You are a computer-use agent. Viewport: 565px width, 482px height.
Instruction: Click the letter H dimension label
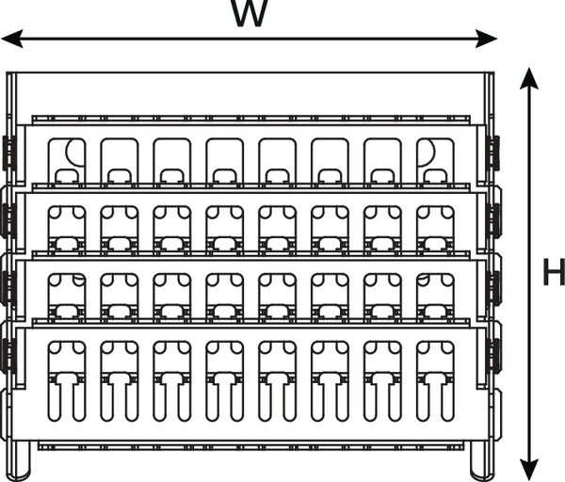[x=554, y=274]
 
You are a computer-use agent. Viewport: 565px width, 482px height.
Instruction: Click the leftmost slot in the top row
[x=67, y=160]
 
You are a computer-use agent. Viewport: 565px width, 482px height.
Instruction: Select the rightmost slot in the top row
[x=435, y=160]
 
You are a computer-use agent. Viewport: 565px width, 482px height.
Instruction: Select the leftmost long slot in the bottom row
[x=67, y=380]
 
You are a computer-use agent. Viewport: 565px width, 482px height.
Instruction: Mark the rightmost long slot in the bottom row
[x=435, y=380]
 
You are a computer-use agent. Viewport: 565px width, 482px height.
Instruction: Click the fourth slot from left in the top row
[x=224, y=160]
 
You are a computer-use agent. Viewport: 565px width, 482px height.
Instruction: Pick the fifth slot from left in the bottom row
[x=277, y=380]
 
